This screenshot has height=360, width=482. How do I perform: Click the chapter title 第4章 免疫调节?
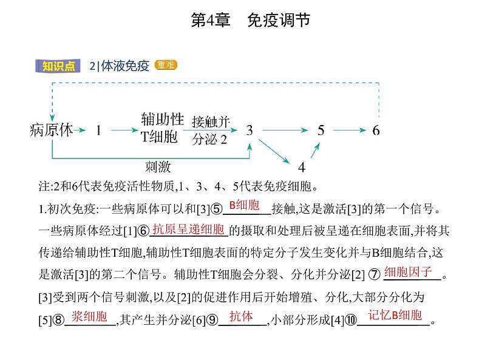click(250, 20)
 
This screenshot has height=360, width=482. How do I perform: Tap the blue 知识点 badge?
click(59, 66)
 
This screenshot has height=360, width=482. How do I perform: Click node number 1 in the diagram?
click(98, 130)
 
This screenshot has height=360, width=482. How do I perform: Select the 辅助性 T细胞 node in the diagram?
click(162, 127)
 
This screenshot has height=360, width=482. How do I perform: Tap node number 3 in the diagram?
click(249, 130)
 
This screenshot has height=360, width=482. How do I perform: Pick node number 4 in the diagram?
click(301, 167)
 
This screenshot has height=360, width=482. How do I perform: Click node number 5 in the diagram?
click(321, 130)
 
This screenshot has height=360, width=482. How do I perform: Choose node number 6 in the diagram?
click(376, 130)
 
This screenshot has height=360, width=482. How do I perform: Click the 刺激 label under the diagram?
click(157, 166)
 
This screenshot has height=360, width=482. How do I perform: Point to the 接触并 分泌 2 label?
click(210, 130)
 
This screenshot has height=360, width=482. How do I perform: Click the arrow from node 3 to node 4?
click(274, 151)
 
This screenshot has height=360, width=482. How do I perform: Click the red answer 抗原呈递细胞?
click(189, 229)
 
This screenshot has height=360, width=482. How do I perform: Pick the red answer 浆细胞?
click(89, 316)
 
